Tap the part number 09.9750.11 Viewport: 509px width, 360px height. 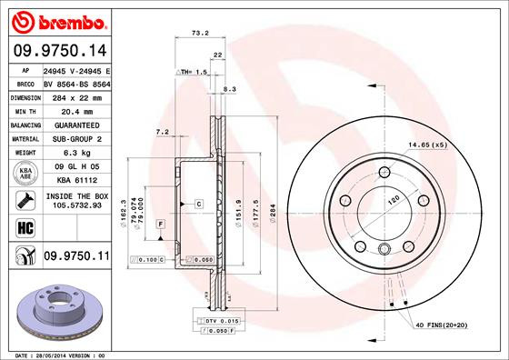pyautogui.click(x=76, y=257)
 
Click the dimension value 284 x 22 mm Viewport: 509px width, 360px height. pyautogui.click(x=76, y=95)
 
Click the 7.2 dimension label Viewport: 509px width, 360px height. pyautogui.click(x=163, y=133)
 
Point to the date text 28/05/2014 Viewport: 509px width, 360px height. pyautogui.click(x=50, y=355)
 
